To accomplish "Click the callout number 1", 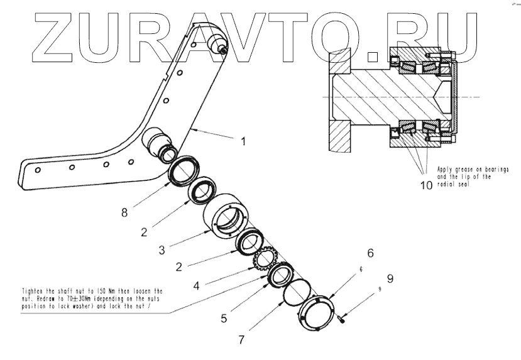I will click(x=243, y=141).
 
